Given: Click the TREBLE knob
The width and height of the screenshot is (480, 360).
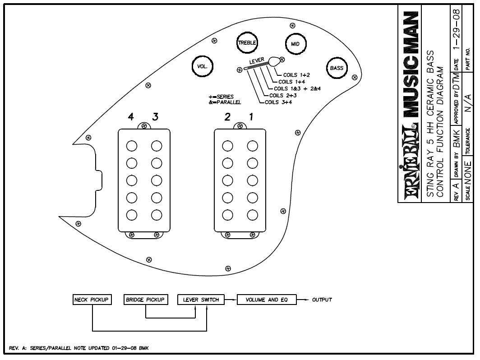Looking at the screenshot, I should point(247,43).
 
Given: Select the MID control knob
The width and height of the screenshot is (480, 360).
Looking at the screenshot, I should point(295,44).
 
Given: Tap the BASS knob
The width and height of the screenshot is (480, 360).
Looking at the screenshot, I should point(337,68).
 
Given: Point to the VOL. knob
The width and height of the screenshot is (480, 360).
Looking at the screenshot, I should point(202,66).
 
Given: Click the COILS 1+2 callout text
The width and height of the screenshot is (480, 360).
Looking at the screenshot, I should point(296,75).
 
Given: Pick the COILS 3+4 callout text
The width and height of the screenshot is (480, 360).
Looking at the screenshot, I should point(278,102).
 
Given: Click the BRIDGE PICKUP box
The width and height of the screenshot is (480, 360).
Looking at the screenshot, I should point(146,300).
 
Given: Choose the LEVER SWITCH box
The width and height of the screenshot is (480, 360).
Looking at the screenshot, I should point(201,300).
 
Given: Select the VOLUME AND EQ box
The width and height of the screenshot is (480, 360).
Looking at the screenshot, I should point(267,300).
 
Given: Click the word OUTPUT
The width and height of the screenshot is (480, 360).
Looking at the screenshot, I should point(322,300).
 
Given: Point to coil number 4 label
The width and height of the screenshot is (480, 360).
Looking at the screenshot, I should point(131,117).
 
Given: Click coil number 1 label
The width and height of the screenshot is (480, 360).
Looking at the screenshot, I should point(251,117).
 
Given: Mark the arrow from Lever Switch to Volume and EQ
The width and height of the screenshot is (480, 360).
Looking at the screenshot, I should point(231,300).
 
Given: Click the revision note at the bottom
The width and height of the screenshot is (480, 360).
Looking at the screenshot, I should point(79,348).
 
